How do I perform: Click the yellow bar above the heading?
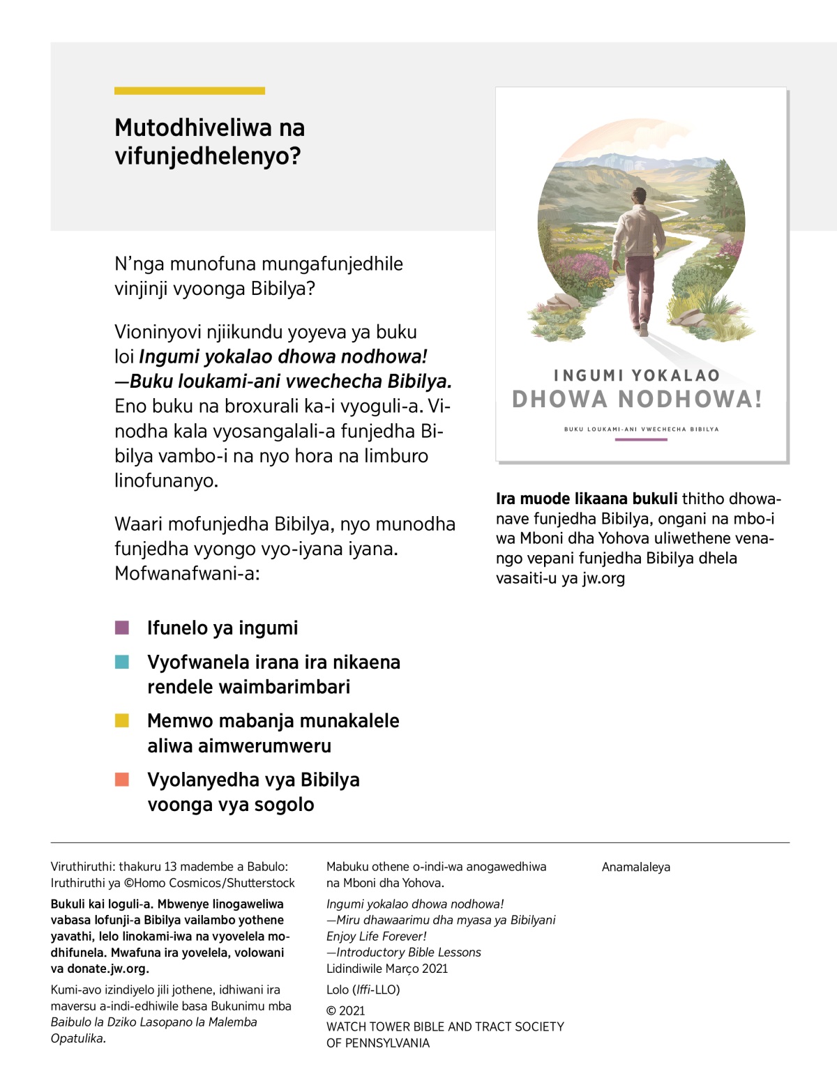(189, 91)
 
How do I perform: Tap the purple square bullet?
(122, 628)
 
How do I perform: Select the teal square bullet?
(122, 662)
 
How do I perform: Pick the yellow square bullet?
(122, 720)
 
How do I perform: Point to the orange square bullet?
(122, 779)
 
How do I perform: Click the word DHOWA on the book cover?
(560, 400)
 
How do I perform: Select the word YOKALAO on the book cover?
(676, 375)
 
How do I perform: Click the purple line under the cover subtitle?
(641, 439)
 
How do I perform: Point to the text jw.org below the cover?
(603, 578)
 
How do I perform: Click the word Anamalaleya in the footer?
(635, 867)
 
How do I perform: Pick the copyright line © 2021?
(345, 1010)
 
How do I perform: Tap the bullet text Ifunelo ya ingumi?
(223, 628)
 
